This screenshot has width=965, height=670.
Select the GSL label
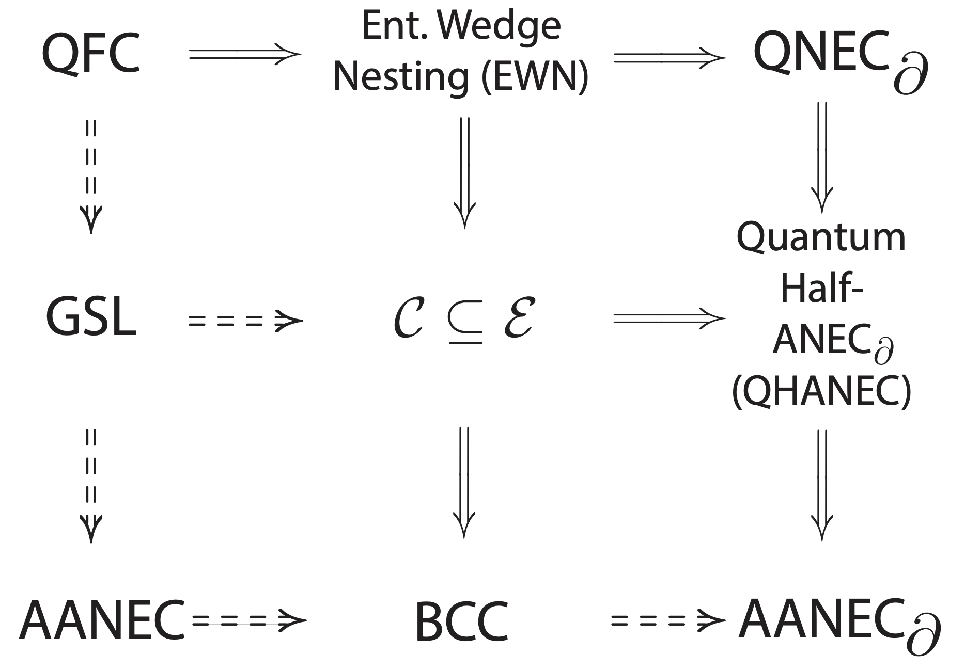91,318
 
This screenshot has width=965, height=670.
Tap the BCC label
461,621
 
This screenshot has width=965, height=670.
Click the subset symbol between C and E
465,324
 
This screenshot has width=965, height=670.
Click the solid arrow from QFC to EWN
245,54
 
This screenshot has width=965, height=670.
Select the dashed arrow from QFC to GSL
91,176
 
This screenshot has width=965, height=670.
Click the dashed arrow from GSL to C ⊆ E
245,320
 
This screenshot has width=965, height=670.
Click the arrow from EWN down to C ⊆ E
464,172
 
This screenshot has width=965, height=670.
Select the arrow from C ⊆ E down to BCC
464,481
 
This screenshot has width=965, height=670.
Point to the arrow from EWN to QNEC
670,57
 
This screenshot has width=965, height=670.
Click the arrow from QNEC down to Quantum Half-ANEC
822,157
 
